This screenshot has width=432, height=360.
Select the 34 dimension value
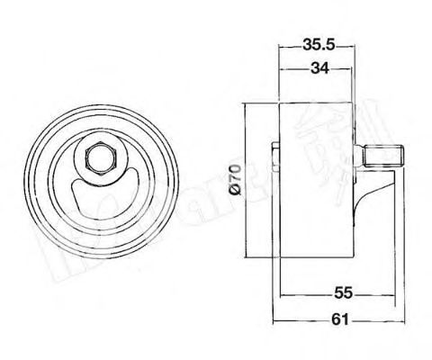point(315,67)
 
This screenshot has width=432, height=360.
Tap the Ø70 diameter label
point(233,181)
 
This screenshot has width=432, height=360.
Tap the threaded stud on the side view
point(382,159)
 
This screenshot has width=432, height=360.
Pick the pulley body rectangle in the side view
point(317,181)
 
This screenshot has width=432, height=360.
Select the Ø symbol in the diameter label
point(233,191)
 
